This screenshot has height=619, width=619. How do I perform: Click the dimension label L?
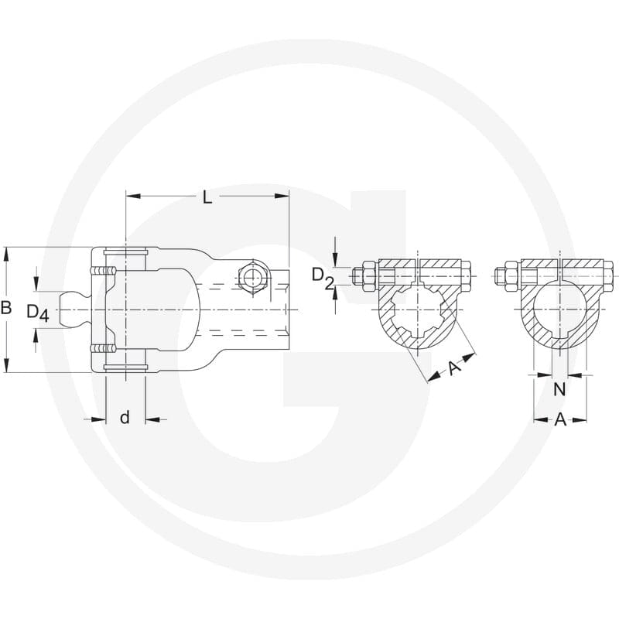point(207,197)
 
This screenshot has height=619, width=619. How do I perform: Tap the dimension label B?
point(6,307)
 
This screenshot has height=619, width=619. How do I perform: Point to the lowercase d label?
point(125,417)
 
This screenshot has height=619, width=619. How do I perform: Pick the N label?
point(559,389)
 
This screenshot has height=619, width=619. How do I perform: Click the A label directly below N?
point(559,420)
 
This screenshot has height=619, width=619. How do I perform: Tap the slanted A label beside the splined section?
point(454,368)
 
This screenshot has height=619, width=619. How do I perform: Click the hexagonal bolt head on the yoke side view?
point(253,278)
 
